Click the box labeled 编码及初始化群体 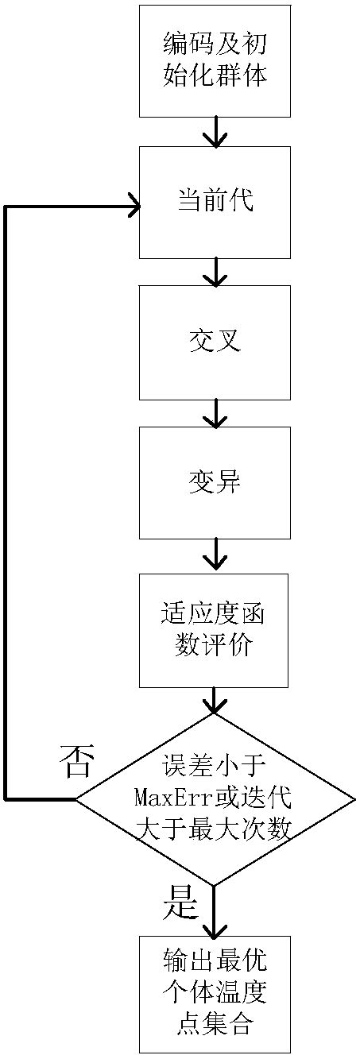(215, 60)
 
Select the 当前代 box (215, 202)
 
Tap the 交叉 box (215, 342)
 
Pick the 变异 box (215, 482)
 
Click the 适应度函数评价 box (214, 631)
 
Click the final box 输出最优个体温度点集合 (215, 994)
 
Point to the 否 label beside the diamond (77, 762)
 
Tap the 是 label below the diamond (180, 901)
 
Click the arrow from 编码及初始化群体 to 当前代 (215, 132)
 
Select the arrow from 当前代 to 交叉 (215, 272)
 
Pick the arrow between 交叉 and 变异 (215, 413)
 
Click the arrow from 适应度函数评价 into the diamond (215, 700)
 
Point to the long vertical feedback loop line (6, 501)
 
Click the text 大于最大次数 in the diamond (215, 829)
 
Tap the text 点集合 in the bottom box (215, 1025)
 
